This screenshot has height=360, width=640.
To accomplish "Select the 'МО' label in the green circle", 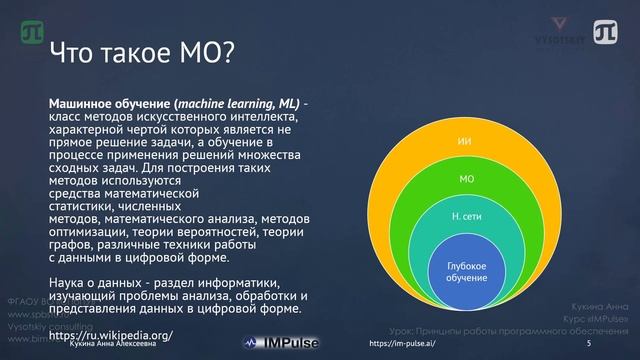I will [x=465, y=180].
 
